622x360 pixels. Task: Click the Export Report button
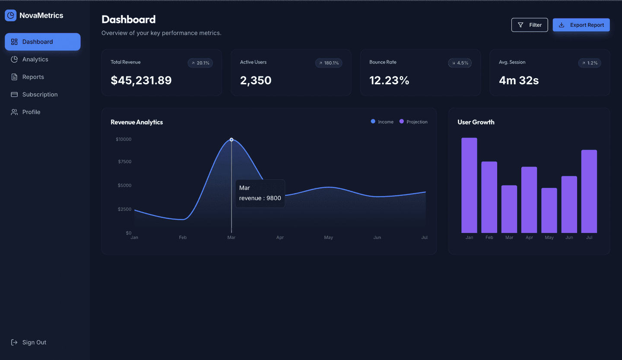coord(581,25)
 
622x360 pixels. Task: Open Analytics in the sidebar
coord(35,59)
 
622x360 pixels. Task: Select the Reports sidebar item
coord(33,77)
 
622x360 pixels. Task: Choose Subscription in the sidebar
coord(40,94)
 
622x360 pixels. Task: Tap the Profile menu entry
coord(31,112)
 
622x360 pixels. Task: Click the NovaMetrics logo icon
coord(10,16)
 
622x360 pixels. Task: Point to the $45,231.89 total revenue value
coord(141,80)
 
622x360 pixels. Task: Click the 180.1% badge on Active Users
coord(329,63)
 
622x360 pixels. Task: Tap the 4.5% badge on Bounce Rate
coord(460,63)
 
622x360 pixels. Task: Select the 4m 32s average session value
coord(518,80)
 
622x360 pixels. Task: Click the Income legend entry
coord(382,122)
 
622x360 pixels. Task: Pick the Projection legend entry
coord(413,122)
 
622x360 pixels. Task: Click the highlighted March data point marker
coord(232,140)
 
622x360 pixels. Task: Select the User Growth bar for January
coord(469,185)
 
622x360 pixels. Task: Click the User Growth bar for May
coord(549,210)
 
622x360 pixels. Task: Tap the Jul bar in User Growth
coord(589,191)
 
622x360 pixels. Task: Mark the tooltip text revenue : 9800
coord(260,198)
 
